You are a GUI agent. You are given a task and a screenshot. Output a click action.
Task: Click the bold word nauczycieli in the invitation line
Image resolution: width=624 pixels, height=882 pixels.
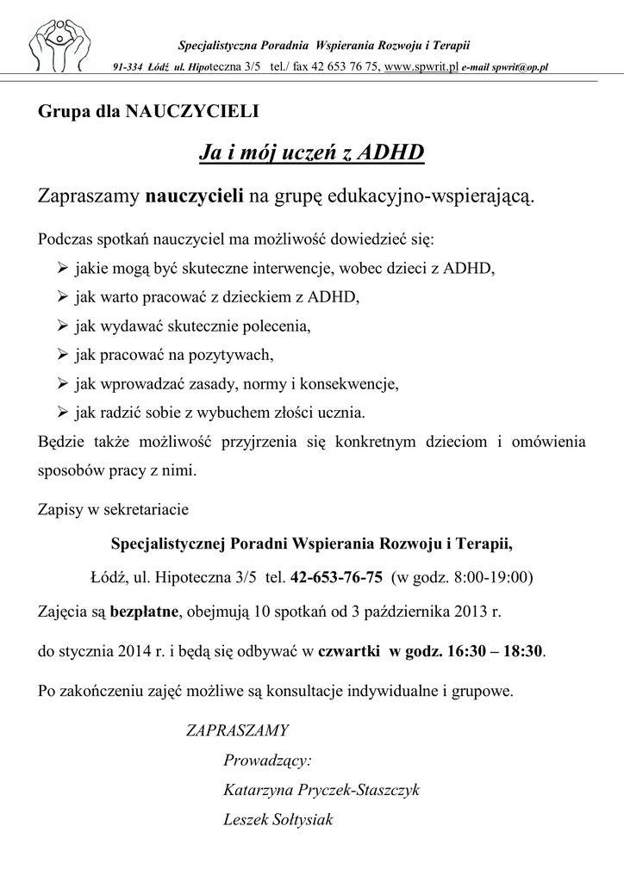pos(195,197)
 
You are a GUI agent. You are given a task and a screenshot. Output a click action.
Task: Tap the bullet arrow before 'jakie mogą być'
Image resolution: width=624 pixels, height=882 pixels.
pos(63,268)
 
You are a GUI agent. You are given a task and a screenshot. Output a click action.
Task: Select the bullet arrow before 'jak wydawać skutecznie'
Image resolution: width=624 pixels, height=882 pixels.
pos(63,326)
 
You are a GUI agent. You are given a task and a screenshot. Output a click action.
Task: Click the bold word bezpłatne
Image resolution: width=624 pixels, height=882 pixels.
pos(143,612)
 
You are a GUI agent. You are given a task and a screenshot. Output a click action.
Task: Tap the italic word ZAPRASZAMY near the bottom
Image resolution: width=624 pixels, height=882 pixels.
pos(238,731)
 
